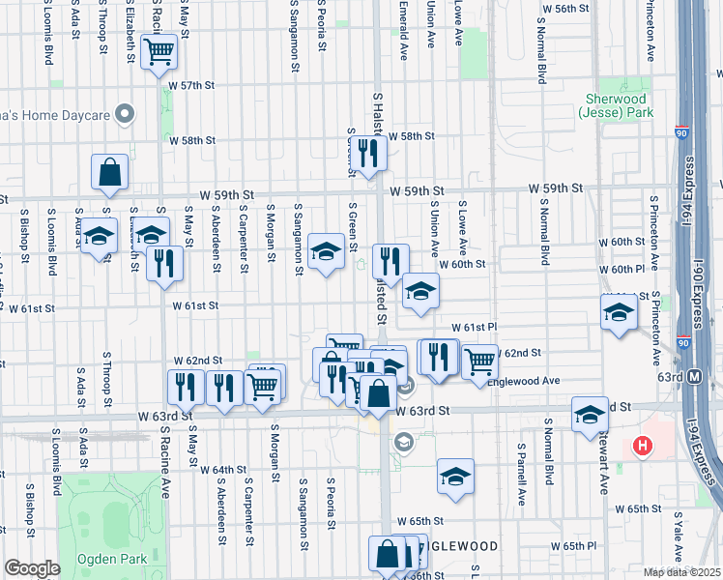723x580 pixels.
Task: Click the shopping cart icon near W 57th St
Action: [x=159, y=51]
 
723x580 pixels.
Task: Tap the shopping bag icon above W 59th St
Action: [x=110, y=172]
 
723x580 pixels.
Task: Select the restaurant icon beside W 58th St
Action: [x=368, y=152]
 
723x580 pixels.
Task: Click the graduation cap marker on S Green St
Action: [x=326, y=253]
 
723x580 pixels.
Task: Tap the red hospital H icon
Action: [x=640, y=446]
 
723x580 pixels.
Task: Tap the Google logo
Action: [x=32, y=569]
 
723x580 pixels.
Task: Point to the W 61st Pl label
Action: [x=474, y=328]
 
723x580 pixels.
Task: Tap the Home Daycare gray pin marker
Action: [x=124, y=115]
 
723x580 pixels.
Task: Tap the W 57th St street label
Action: [x=189, y=85]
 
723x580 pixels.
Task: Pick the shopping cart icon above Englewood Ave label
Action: [x=479, y=361]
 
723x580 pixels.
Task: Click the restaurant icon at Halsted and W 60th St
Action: [x=390, y=260]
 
